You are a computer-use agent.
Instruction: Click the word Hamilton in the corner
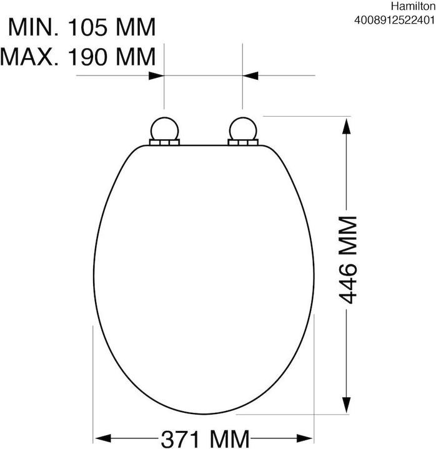tap(413, 6)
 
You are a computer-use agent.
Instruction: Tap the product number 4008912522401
tap(395, 21)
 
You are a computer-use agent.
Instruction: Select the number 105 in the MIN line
tap(87, 27)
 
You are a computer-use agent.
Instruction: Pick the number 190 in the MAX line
tap(87, 57)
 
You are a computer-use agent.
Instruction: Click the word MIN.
tap(34, 27)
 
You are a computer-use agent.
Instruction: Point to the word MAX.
tap(29, 57)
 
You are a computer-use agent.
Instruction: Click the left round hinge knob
tap(165, 129)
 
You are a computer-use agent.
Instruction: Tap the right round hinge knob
tap(243, 129)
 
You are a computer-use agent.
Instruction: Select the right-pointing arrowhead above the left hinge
tap(156, 76)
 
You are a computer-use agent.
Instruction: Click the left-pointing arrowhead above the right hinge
tap(250, 76)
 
